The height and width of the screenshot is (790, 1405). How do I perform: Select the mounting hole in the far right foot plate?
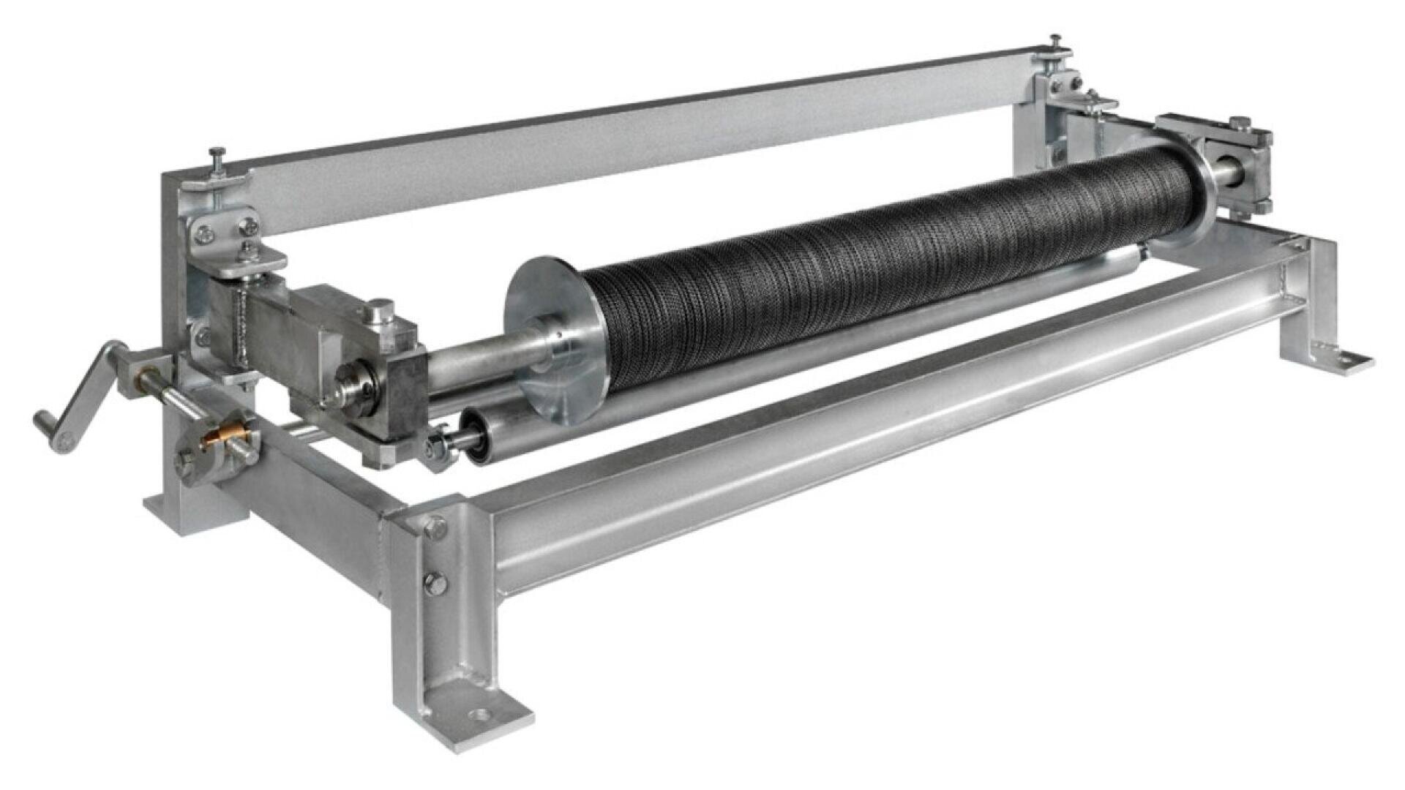click(1343, 358)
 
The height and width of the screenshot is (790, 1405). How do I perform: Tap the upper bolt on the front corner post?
click(435, 526)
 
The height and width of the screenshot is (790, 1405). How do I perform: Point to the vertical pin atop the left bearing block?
click(380, 310)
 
